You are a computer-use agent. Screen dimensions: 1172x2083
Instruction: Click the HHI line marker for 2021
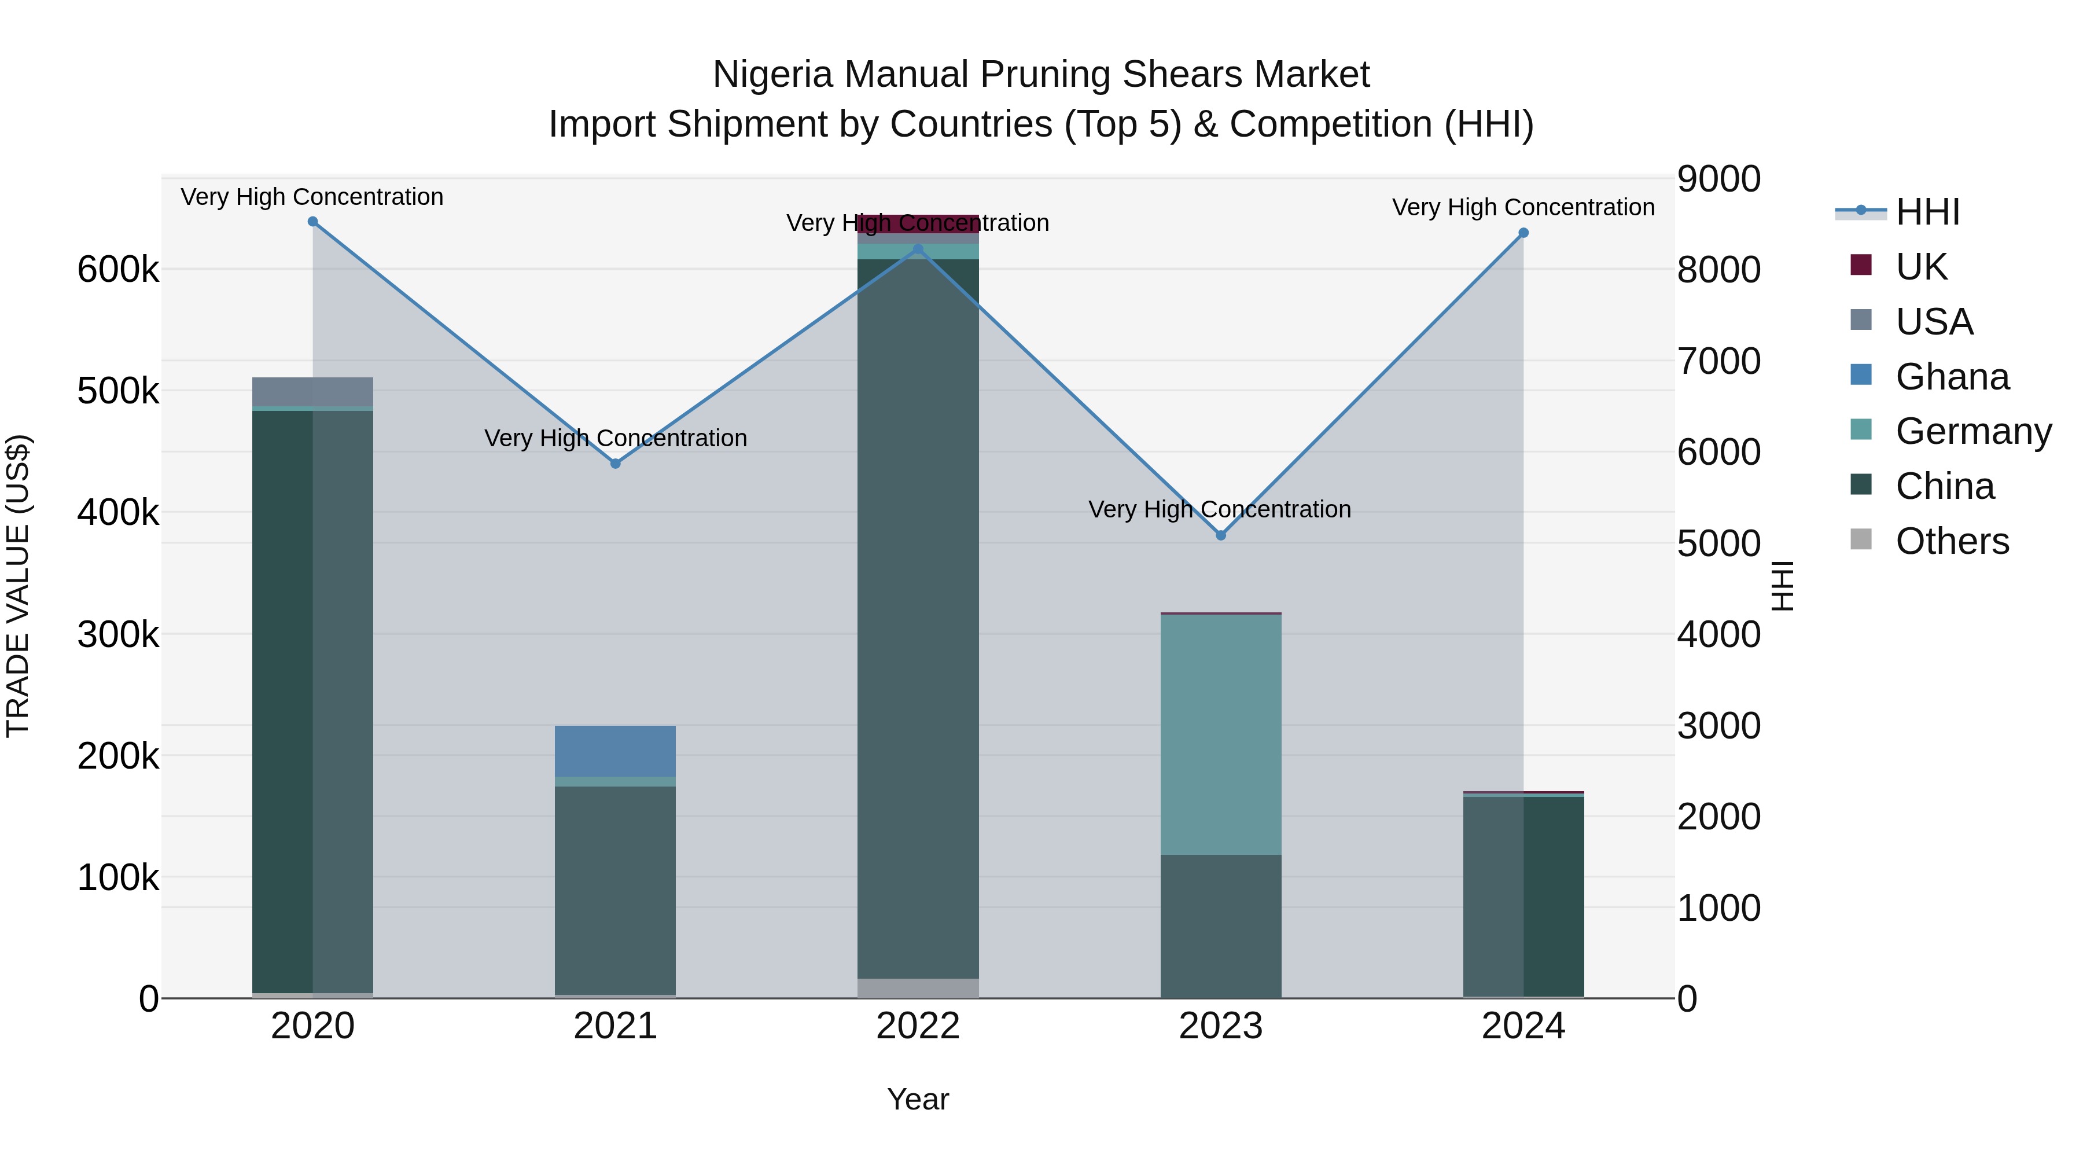pos(616,464)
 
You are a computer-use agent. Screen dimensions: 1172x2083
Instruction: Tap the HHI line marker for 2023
pos(1221,535)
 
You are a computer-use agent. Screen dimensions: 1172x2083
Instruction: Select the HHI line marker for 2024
pos(1523,233)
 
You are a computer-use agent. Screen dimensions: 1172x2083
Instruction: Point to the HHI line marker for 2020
pos(313,222)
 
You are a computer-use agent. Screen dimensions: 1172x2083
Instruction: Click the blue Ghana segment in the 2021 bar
pos(616,751)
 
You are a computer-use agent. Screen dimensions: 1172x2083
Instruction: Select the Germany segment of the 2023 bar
pos(1221,734)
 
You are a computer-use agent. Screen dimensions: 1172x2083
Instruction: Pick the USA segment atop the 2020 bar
pos(313,391)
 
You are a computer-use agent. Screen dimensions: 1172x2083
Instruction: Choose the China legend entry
pos(1944,486)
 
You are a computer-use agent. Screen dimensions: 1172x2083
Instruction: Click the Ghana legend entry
pos(1951,377)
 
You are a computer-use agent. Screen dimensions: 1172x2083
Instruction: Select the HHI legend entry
pos(1927,212)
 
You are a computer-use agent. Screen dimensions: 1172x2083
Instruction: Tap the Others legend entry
pos(1951,541)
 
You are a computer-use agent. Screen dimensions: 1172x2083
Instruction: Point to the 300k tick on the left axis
pos(118,635)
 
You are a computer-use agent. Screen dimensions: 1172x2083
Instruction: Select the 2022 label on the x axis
pos(918,1026)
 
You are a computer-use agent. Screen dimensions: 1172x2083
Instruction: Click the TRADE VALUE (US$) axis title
pos(18,586)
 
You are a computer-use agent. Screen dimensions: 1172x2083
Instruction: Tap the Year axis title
pos(918,1099)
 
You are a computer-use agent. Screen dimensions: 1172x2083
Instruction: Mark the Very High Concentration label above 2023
pos(1219,509)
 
